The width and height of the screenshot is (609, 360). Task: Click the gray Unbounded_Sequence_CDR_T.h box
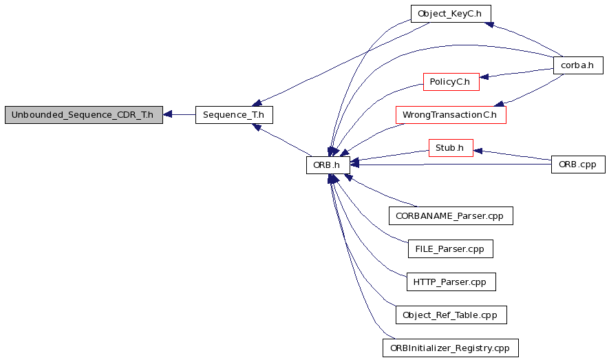tap(84, 115)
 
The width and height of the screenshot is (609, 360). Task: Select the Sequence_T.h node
tap(234, 115)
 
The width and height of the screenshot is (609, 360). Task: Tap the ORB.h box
tap(328, 165)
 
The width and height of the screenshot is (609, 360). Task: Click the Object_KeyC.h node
tap(451, 14)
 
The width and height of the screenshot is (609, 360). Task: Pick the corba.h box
tap(578, 65)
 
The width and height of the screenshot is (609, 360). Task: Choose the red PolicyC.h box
tap(451, 82)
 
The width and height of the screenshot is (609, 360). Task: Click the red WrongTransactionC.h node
tap(451, 115)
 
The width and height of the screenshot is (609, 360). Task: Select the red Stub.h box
tap(451, 148)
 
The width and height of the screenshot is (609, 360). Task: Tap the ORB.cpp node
tap(578, 165)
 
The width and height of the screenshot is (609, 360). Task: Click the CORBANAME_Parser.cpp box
tap(451, 215)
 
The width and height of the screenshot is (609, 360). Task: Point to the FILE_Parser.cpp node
tap(451, 248)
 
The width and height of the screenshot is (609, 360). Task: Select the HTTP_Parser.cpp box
tap(451, 282)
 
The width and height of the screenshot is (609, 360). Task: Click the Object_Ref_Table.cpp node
tap(451, 315)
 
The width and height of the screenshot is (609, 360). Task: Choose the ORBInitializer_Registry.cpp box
tap(451, 348)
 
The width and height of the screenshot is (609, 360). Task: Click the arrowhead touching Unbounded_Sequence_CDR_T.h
tap(167, 114)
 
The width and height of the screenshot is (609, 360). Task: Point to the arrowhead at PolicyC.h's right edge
tap(484, 76)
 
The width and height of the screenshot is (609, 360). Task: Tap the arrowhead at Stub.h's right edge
tap(478, 151)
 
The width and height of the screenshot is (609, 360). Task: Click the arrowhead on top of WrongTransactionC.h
tap(499, 103)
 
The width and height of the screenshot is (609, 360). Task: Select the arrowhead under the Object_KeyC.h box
tap(489, 25)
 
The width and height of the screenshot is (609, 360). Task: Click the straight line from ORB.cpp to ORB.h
tap(451, 165)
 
